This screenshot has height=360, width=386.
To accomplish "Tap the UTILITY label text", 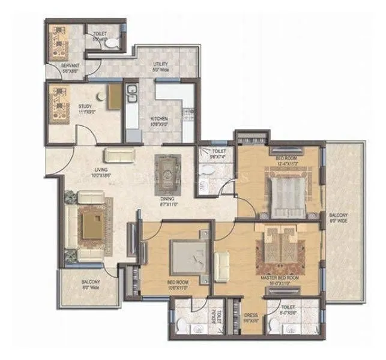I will click(x=160, y=64).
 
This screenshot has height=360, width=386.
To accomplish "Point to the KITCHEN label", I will click(x=159, y=119).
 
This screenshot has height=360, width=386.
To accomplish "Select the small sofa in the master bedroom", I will click(x=222, y=265).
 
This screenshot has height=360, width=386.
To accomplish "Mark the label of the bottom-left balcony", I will click(x=90, y=284).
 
